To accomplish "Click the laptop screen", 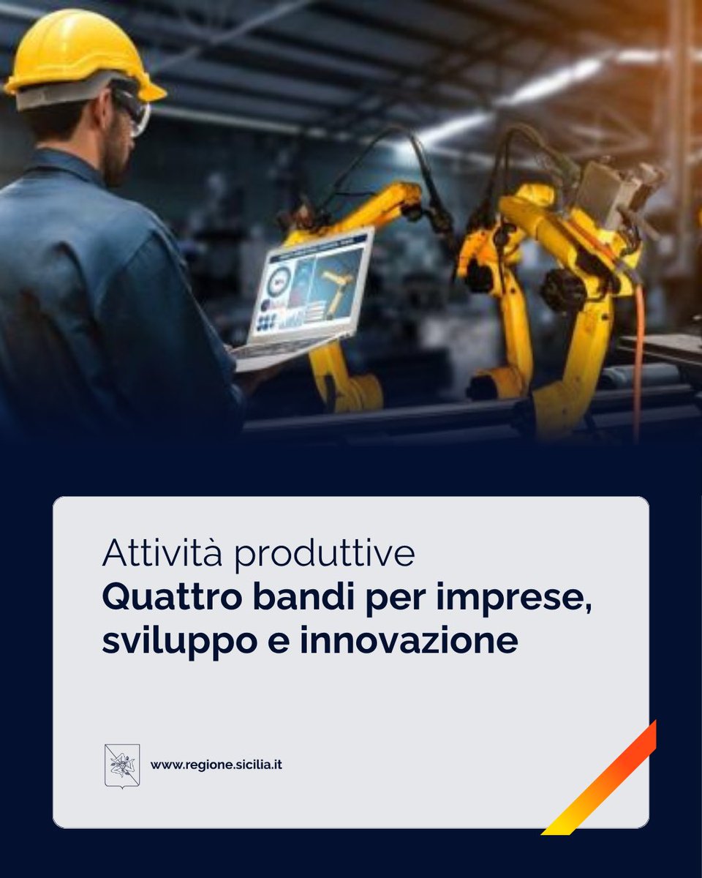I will [x=311, y=285].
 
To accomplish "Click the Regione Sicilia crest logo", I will [x=122, y=765].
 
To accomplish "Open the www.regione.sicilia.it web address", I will [x=216, y=765].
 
